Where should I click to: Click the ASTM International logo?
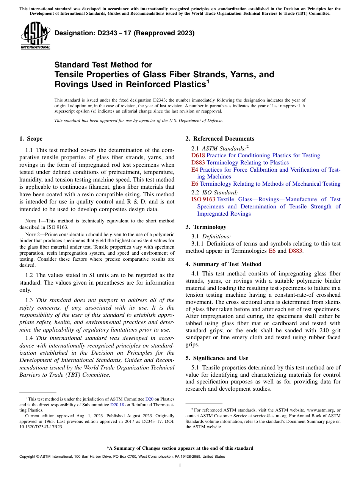pyautogui.click(x=35, y=36)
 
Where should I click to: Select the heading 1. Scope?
pyautogui.click(x=31, y=139)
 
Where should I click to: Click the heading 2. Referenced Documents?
pyautogui.click(x=220, y=139)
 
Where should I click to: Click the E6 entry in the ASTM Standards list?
pyautogui.click(x=195, y=184)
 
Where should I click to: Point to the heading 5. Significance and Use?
pyautogui.click(x=217, y=358)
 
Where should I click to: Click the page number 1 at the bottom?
pyautogui.click(x=180, y=465)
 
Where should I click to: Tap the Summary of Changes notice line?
pyautogui.click(x=180, y=448)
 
